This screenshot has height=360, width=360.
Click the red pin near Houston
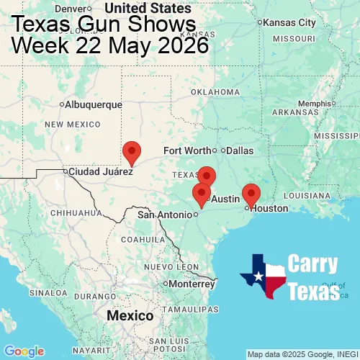click(251, 194)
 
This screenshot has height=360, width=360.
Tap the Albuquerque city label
click(94, 104)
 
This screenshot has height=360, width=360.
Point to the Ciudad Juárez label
click(100, 172)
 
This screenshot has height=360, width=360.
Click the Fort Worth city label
click(187, 150)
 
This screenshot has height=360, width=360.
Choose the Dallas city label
click(240, 150)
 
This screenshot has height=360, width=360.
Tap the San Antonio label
click(166, 215)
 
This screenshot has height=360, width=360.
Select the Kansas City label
click(289, 22)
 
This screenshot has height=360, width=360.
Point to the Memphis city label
click(313, 103)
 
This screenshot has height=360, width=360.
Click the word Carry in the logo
click(312, 264)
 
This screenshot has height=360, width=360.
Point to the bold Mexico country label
click(130, 316)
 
